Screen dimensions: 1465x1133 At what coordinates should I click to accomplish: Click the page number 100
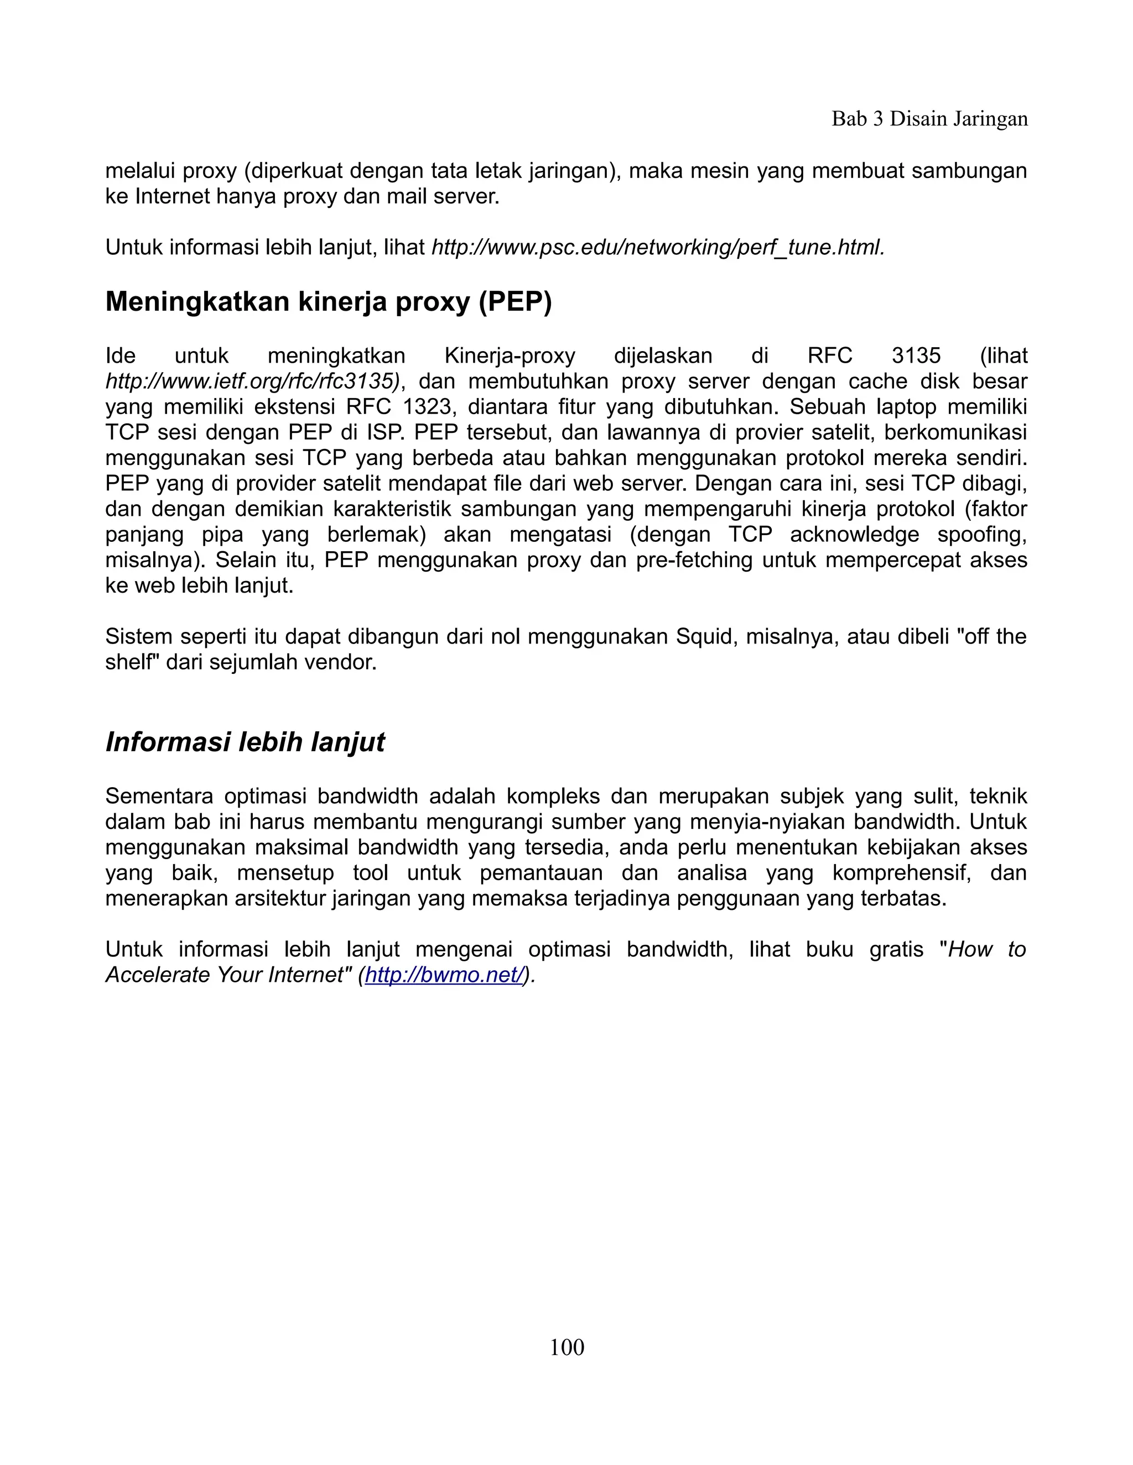(566, 1348)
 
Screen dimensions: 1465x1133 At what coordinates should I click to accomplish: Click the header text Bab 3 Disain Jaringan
(929, 119)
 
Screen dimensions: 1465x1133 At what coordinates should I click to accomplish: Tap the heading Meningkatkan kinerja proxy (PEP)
(328, 302)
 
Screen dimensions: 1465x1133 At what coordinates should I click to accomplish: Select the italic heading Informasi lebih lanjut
(245, 742)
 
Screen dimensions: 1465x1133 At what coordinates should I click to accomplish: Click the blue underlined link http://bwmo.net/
(444, 975)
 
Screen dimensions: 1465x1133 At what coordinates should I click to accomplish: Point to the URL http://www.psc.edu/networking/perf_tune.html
(658, 248)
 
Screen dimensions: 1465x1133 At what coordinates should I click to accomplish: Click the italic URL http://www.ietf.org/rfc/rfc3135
(252, 381)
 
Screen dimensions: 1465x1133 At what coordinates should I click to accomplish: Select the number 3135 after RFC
(916, 355)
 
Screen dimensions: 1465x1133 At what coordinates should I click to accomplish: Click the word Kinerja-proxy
(510, 355)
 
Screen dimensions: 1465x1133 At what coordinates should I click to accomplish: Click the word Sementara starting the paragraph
(158, 797)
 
